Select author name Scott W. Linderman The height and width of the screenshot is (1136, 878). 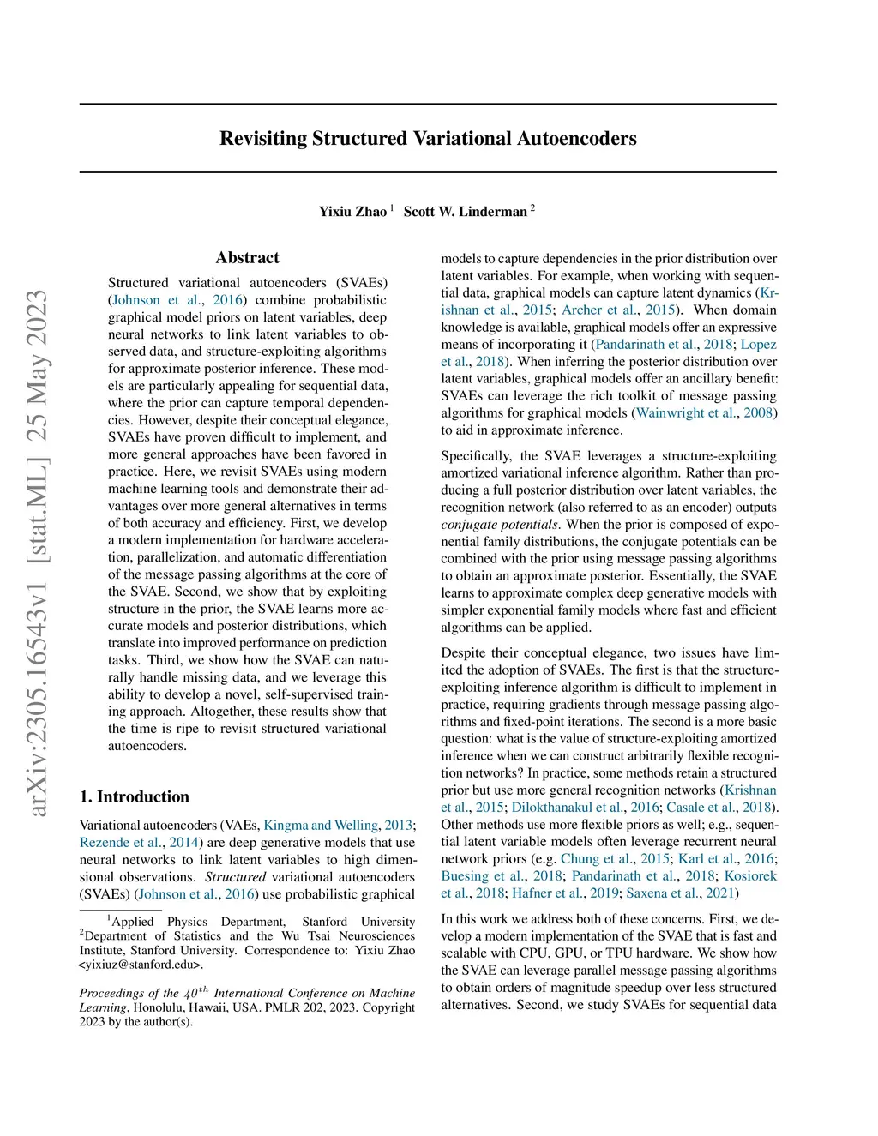coord(465,212)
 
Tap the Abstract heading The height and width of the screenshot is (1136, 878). coord(247,258)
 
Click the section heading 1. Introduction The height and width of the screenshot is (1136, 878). coord(135,796)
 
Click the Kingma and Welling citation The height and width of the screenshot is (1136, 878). coord(320,826)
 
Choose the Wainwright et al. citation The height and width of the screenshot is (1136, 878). coord(687,413)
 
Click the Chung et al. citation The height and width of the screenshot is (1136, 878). coord(598,859)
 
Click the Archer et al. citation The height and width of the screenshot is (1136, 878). coord(599,310)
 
